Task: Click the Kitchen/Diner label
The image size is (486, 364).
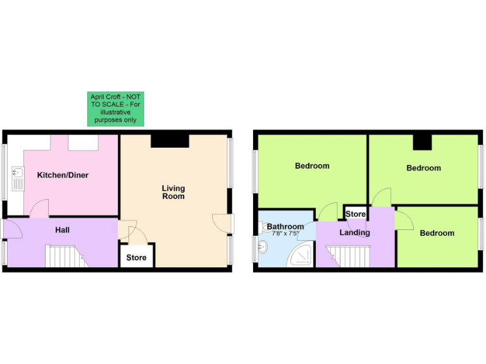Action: pos(62,175)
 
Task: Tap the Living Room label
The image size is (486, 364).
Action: pos(173,192)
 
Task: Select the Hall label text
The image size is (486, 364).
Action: pos(62,230)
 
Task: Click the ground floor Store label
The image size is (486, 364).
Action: pos(136,257)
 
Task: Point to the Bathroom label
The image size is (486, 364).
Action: pos(285,226)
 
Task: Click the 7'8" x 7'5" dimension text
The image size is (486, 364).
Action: pos(285,233)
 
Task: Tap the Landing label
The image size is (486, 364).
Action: pos(354,233)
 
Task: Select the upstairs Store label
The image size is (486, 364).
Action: pos(355,214)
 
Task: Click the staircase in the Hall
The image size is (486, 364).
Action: pos(65,256)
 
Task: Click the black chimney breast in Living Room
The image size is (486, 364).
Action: pos(170,140)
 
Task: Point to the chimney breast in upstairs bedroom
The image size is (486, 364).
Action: pos(422,142)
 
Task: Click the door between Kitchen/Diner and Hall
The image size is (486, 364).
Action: pos(40,209)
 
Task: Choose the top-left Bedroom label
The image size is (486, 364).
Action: pos(312,166)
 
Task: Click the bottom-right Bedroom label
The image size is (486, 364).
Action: pos(437,233)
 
